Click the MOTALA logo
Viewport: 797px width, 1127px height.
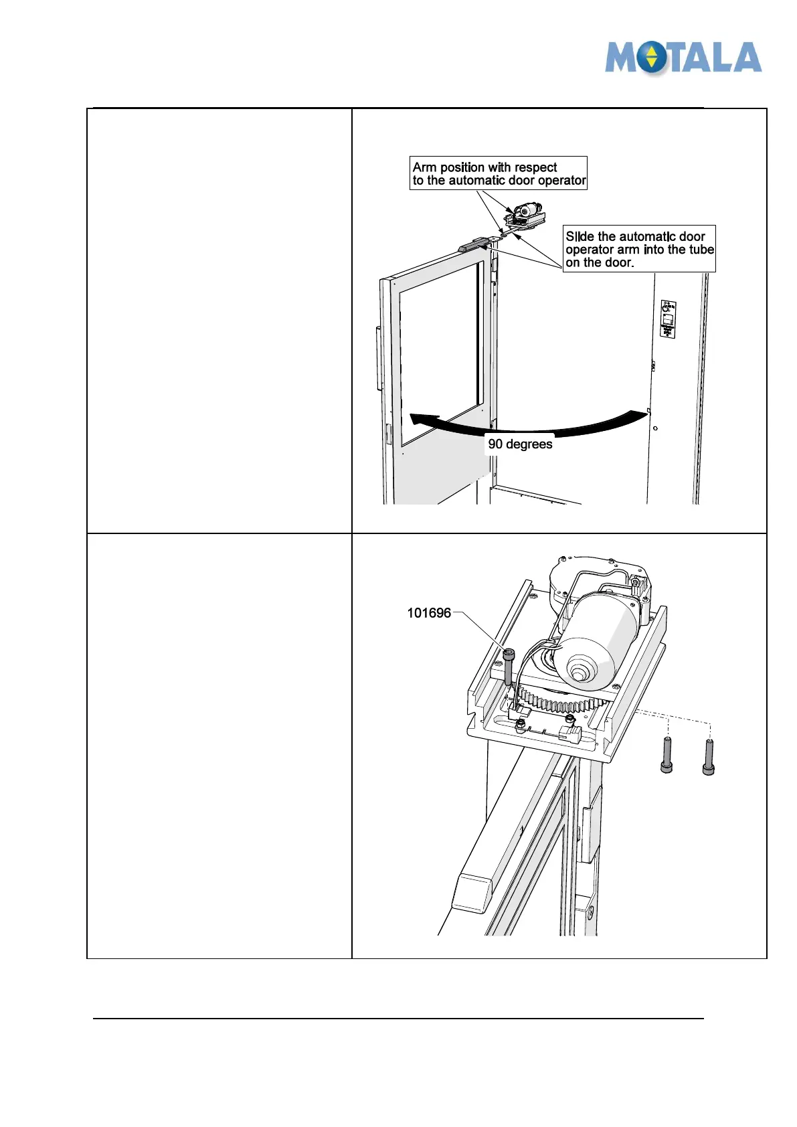[x=683, y=58]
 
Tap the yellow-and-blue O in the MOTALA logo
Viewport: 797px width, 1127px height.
[x=652, y=59]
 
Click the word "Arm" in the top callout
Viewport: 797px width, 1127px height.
[x=424, y=167]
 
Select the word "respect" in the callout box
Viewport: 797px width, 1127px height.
[x=535, y=167]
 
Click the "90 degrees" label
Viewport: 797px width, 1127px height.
[x=520, y=444]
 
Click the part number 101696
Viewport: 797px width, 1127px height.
[x=429, y=613]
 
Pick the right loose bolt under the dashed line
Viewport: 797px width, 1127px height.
[x=709, y=757]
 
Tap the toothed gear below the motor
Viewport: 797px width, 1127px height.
[x=562, y=703]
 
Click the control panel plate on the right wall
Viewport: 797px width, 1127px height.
[x=668, y=319]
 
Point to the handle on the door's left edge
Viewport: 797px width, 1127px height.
[x=379, y=358]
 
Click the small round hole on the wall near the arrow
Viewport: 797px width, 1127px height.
[x=655, y=428]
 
